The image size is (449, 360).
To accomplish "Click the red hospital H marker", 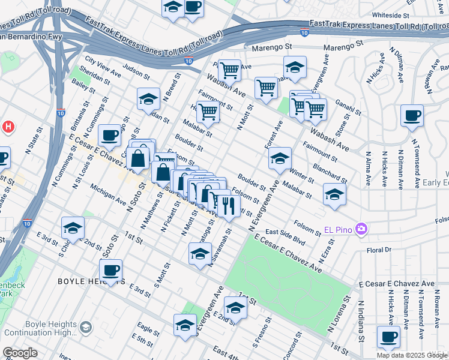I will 8,127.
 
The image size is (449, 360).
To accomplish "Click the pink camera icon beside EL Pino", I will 360,229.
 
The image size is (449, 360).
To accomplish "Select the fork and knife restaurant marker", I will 226,206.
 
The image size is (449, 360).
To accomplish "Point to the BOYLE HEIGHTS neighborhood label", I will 91,281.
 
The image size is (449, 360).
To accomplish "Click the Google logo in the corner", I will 20,352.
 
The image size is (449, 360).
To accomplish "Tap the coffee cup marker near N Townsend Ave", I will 412,115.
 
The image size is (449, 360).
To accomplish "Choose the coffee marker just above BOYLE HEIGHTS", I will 110,270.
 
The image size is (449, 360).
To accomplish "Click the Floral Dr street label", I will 378,249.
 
